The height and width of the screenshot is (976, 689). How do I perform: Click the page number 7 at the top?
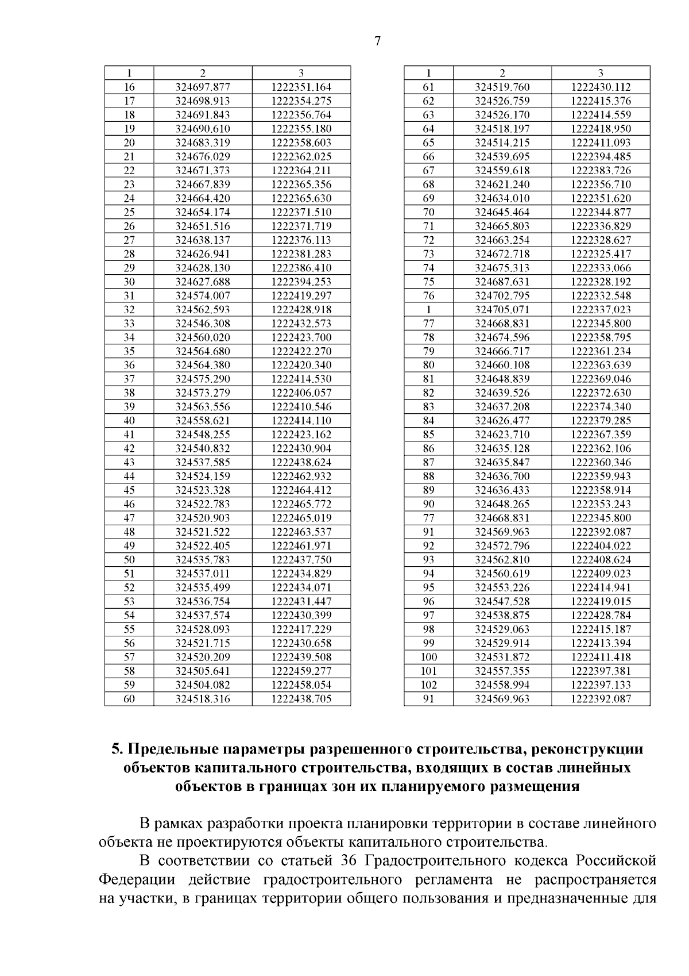click(x=377, y=41)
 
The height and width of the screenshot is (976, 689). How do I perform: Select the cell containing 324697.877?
click(x=203, y=87)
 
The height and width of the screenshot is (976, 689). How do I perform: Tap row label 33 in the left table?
click(x=129, y=324)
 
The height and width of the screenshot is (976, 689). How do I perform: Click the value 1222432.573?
click(x=301, y=324)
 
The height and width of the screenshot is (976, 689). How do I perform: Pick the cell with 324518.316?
click(x=203, y=699)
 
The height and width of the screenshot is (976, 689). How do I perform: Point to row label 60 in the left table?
click(x=129, y=699)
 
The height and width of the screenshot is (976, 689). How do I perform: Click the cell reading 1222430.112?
click(x=601, y=87)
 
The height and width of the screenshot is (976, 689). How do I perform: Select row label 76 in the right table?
click(x=428, y=296)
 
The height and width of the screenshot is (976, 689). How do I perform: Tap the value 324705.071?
click(x=502, y=310)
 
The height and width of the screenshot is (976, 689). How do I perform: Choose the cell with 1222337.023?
click(x=601, y=310)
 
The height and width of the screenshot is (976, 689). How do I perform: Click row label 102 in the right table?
click(x=428, y=685)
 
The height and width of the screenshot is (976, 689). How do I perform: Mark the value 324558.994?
click(x=502, y=685)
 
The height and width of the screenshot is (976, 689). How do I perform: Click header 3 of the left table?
click(x=301, y=73)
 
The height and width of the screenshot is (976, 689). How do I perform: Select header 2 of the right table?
click(x=502, y=73)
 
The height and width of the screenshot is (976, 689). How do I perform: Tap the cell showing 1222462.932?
click(x=301, y=477)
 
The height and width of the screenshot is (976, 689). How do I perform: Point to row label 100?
click(x=428, y=657)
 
